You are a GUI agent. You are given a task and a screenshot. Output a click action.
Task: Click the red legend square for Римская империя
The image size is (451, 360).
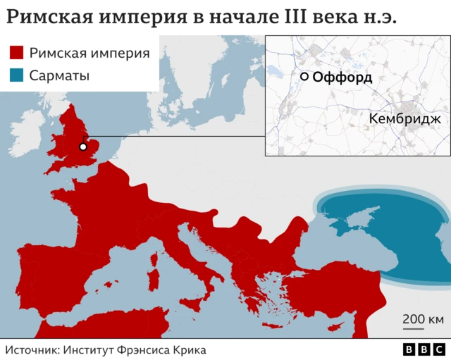(17, 53)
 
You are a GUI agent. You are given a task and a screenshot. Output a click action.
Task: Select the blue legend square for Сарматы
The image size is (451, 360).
(17, 75)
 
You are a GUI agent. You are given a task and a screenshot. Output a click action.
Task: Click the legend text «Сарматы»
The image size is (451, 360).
(59, 75)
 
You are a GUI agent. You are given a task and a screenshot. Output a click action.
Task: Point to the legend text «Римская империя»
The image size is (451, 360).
(89, 53)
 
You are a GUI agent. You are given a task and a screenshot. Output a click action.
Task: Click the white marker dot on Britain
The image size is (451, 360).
(83, 147)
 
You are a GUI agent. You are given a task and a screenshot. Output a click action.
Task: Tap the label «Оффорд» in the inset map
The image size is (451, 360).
(342, 77)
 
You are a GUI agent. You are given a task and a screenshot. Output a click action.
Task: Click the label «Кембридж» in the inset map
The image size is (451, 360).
(404, 119)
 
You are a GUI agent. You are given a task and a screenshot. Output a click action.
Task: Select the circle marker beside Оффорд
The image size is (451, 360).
(304, 77)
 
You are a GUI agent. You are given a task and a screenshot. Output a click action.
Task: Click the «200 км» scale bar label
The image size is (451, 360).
(423, 318)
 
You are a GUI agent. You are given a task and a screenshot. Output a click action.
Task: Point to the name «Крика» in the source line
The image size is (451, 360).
(189, 349)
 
